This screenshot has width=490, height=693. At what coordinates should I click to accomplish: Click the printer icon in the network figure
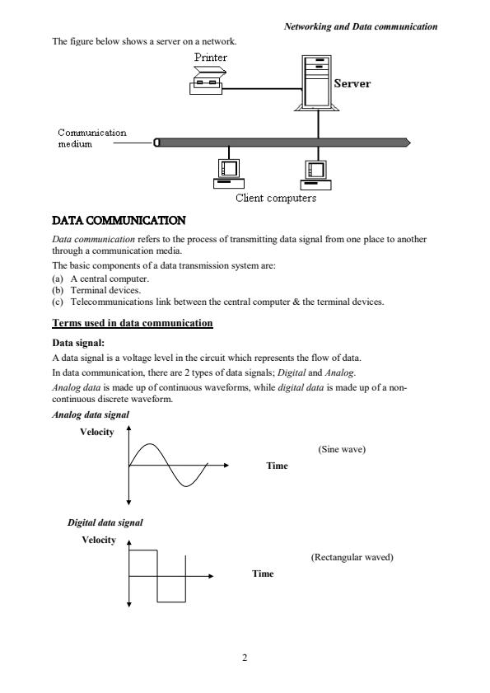coord(207,80)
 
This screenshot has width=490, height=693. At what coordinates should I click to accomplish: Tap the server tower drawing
coord(317,83)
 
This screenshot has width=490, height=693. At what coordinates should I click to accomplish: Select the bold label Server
coord(352,83)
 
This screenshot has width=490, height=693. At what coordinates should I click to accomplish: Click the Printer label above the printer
coord(210,57)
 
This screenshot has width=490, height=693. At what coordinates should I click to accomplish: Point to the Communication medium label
coord(92,138)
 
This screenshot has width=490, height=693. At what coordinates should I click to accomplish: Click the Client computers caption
coord(276,198)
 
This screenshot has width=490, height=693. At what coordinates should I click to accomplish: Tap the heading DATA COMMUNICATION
coord(119,221)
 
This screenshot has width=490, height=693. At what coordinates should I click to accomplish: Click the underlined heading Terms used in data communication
coord(133,323)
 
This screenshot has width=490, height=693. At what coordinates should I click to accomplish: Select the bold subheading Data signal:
coord(78,343)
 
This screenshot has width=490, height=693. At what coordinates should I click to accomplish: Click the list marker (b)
coord(58,290)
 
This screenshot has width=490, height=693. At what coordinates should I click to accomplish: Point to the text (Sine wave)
coord(342,449)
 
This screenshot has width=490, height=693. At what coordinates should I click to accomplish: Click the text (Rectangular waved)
coord(352,557)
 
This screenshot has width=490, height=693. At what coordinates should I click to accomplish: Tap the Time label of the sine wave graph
coord(277,466)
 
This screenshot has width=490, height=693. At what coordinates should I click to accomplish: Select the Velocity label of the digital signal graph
coord(99,540)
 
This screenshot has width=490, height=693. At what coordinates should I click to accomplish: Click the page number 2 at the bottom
coord(245,658)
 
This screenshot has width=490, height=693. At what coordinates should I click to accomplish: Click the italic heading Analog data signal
coord(91,414)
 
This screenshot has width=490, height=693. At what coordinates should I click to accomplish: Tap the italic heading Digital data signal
coord(105,522)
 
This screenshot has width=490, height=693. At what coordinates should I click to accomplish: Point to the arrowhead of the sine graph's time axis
coord(226,465)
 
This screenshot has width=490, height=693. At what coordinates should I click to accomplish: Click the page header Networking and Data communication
coord(361,26)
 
